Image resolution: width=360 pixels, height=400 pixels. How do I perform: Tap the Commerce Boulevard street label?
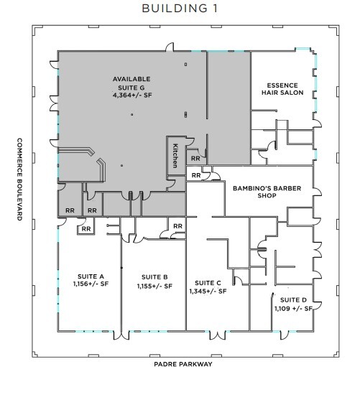coord(20,180)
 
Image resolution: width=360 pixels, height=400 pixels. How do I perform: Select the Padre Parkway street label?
coord(183,364)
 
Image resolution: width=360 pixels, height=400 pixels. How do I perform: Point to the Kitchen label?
coord(174,154)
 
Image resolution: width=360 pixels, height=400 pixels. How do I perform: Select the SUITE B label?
coord(154,277)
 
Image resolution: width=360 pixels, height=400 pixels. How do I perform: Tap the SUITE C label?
coord(207,282)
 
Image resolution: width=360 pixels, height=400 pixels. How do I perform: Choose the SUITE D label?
coord(293,299)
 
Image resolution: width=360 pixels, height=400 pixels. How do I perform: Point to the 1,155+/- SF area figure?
coord(154,287)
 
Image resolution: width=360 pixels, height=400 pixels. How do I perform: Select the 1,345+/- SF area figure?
coord(208,292)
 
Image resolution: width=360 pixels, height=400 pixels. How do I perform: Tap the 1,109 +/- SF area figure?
coord(292,309)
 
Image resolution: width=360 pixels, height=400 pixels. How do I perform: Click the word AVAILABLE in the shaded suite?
coord(130,78)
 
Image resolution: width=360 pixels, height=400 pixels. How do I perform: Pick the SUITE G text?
coord(130,87)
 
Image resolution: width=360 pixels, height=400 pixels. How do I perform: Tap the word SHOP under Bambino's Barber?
coord(266,198)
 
